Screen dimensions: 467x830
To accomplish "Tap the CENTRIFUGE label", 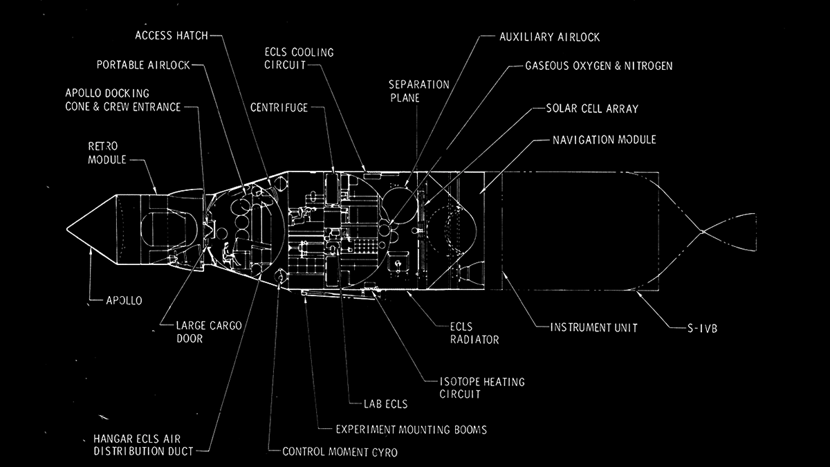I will pos(279,107).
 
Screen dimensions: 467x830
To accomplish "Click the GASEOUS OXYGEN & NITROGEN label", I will pos(598,66).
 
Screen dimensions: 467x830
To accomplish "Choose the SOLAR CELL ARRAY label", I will pos(592,109).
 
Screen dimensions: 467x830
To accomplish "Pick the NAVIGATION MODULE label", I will pos(604,140).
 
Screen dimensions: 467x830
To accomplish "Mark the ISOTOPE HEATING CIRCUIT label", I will pos(482,387).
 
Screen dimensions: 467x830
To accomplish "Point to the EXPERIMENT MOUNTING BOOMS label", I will pos(411,430).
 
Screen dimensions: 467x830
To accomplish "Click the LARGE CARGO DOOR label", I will pos(207,333).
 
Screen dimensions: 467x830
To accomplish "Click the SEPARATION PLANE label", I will pos(418,91).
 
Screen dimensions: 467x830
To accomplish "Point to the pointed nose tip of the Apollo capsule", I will pos(68,228).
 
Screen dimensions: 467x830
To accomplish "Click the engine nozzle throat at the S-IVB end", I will pos(701,231).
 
